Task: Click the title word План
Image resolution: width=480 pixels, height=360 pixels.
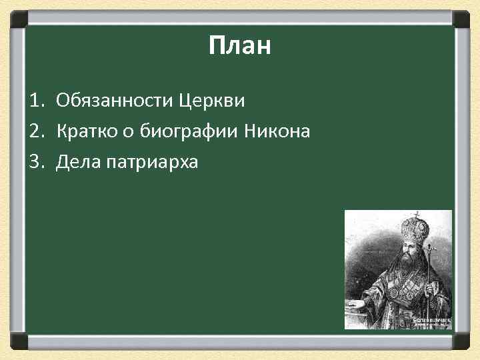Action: (239, 47)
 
